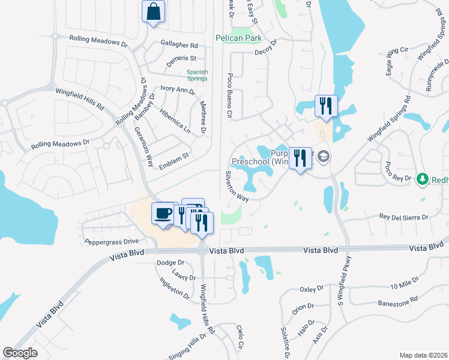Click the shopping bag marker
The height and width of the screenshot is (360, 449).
154,11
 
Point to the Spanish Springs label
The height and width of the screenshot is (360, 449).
197,76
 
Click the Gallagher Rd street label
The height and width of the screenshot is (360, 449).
179,45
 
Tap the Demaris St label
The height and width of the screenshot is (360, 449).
181,58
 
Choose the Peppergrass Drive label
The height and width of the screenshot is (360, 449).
108,240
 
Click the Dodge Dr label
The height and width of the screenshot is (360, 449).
170,263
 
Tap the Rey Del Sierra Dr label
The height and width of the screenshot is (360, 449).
403,217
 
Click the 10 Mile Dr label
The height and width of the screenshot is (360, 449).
403,286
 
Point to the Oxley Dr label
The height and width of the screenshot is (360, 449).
311,289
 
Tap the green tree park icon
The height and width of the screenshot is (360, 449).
423,179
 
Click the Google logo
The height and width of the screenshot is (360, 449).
20,353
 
